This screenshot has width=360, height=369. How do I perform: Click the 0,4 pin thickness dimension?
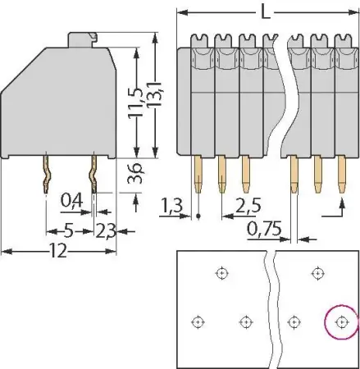tap(72, 199)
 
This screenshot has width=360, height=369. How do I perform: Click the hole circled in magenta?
tap(341, 321)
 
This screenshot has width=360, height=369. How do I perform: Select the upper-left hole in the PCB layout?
tap(221, 273)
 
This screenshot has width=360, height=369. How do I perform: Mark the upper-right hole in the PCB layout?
tap(317, 273)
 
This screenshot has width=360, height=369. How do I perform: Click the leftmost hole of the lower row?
tap(196, 321)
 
